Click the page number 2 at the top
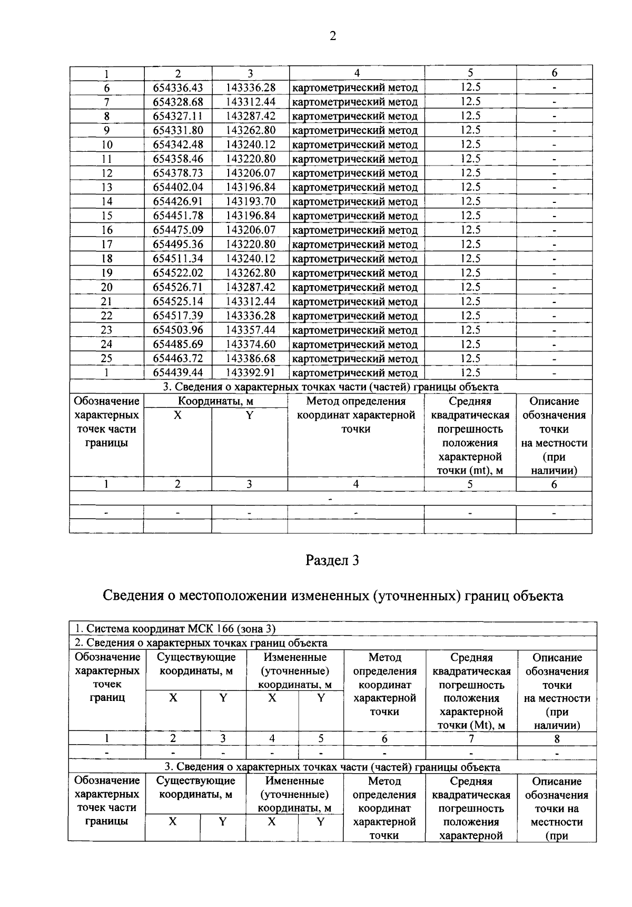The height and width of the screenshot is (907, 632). (332, 36)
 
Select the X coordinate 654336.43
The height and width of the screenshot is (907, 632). (178, 87)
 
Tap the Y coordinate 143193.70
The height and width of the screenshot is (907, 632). (251, 201)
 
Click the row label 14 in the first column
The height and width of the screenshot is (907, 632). (106, 201)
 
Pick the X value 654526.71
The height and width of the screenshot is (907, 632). (178, 287)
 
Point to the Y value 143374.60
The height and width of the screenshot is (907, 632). (251, 344)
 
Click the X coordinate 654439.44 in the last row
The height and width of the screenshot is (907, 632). (178, 373)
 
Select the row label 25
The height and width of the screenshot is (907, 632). (106, 358)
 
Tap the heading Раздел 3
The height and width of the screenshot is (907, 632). (332, 560)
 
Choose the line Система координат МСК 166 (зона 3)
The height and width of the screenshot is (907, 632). (175, 629)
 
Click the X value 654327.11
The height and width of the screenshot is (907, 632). (178, 116)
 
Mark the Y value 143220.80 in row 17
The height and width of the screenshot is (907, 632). (251, 244)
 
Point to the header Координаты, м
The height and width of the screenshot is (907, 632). (215, 401)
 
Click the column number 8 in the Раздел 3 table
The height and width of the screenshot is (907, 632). (557, 739)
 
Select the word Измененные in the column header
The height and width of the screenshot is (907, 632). (295, 657)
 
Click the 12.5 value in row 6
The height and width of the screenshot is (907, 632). (470, 87)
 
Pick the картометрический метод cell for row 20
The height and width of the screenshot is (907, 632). (355, 287)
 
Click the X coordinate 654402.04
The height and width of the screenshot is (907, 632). (178, 187)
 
